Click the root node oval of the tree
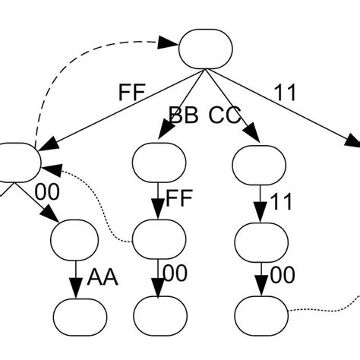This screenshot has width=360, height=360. click(204, 46)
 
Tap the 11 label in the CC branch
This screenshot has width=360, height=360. click(279, 202)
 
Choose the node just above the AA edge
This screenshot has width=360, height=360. click(74, 238)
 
